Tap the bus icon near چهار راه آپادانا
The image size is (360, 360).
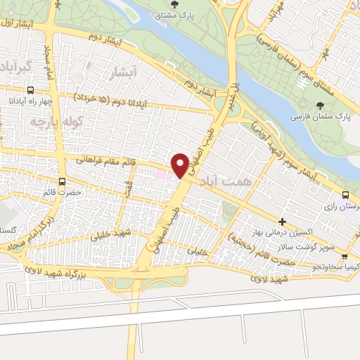point(30,91)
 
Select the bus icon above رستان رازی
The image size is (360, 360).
point(345,195)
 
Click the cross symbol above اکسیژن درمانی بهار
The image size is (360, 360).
point(283,221)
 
